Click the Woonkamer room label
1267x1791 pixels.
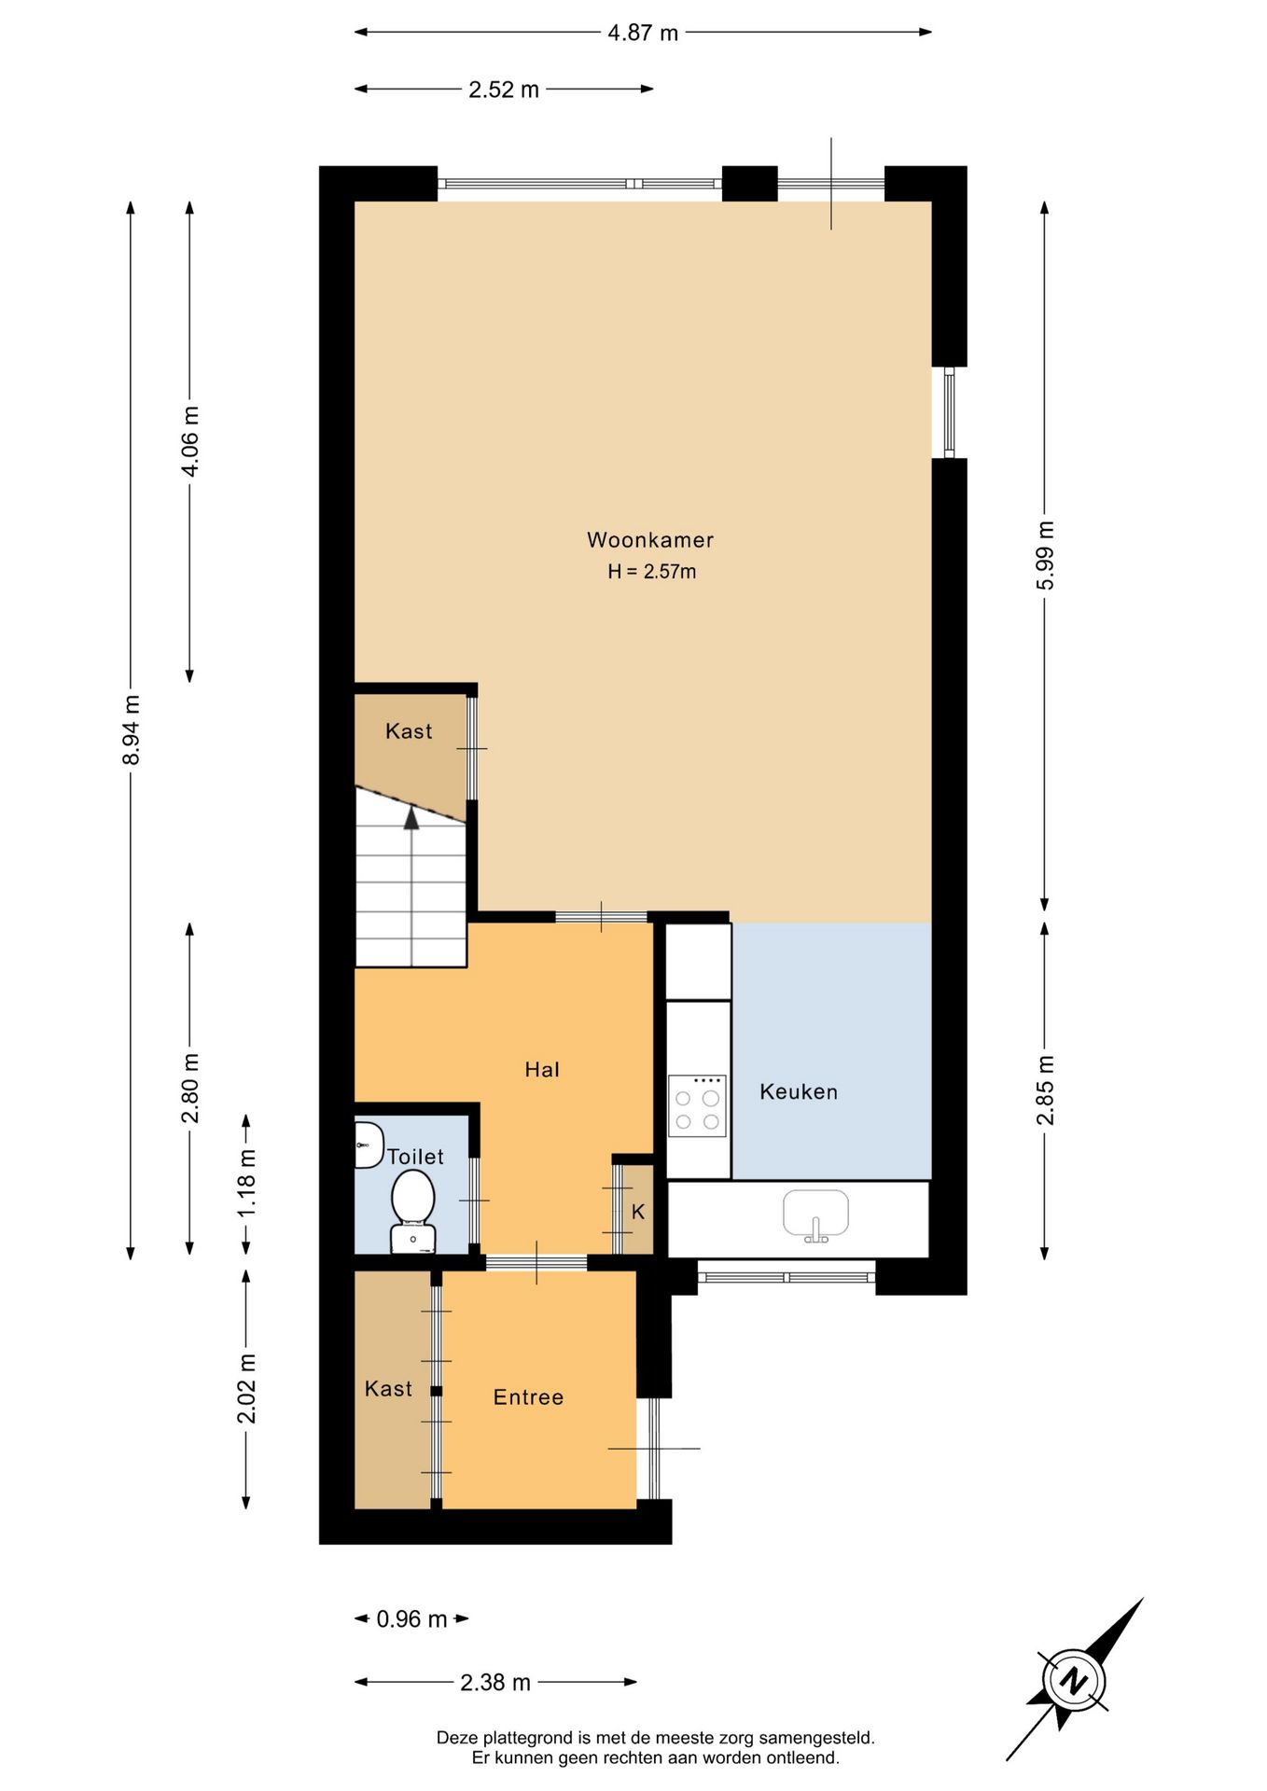(x=650, y=540)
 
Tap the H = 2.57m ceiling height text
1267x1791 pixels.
(x=652, y=572)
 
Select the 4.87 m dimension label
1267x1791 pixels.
(x=643, y=33)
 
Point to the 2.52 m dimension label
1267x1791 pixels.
(x=504, y=90)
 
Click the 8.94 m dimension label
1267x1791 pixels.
(x=132, y=730)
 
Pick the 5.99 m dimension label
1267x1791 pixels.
(x=1046, y=555)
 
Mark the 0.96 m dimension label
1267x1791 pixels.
(x=411, y=1619)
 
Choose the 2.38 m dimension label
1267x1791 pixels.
(x=495, y=1683)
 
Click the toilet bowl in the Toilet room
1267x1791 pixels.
(x=412, y=1211)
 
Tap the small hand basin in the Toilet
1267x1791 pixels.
(x=369, y=1145)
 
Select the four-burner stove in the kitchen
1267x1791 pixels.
(x=697, y=1106)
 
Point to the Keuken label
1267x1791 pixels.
(x=799, y=1092)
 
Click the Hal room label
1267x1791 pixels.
(x=542, y=1070)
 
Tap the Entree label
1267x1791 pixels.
(x=528, y=1397)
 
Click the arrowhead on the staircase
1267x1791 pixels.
(x=411, y=818)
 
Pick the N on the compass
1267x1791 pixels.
(x=1076, y=1681)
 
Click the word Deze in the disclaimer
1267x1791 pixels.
(x=457, y=1738)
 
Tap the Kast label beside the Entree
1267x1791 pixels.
(x=388, y=1389)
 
